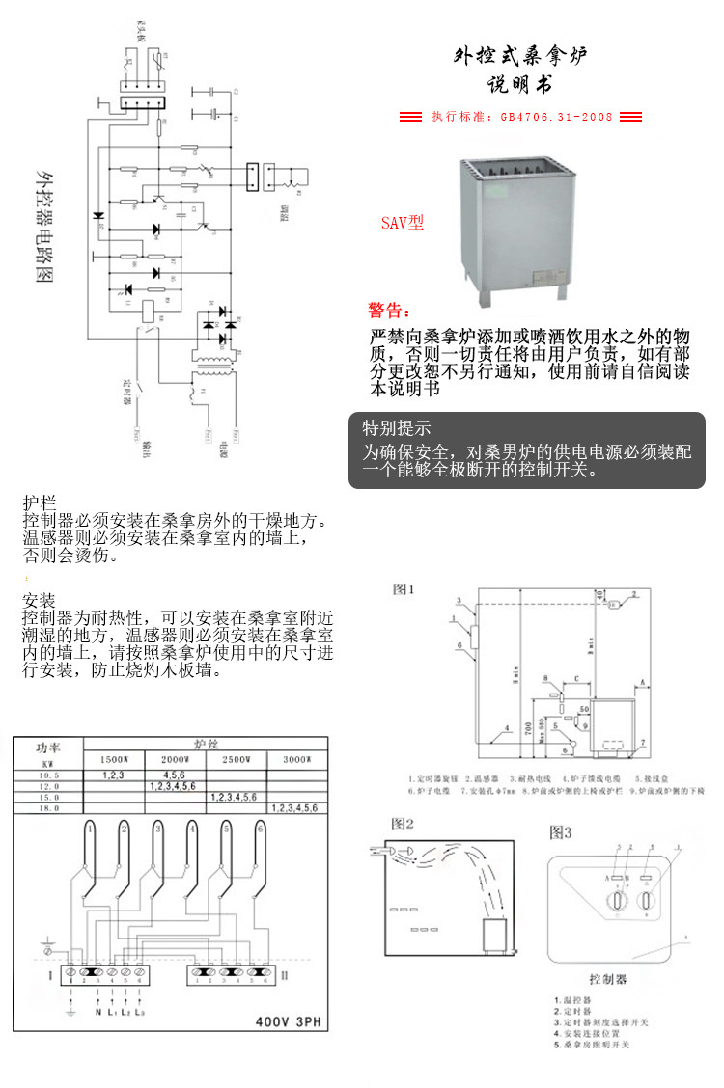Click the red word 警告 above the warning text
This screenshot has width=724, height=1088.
(388, 312)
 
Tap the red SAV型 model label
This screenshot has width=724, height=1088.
(402, 223)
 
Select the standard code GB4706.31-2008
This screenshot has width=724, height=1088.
(555, 117)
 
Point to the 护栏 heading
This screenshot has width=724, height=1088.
(40, 503)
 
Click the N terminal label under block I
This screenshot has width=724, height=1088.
(97, 1012)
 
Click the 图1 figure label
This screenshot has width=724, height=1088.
(404, 588)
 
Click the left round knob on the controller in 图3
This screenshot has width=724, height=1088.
(611, 903)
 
